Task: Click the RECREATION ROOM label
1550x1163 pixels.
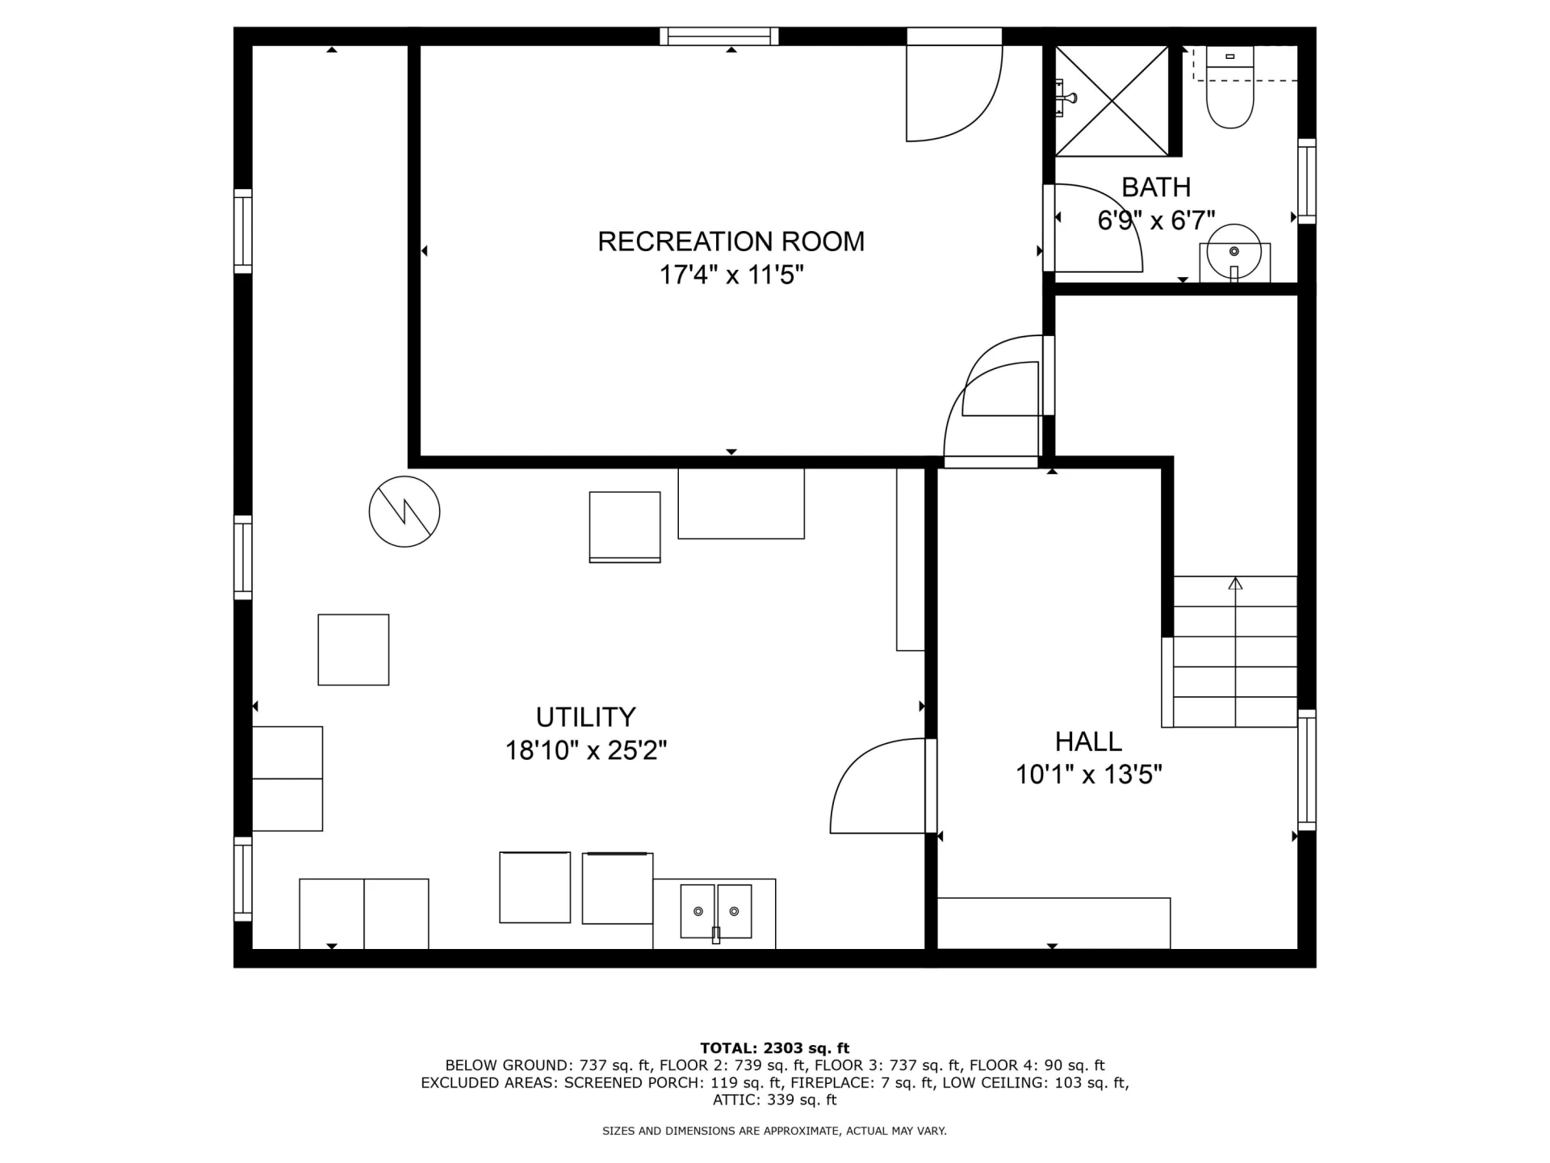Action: coord(731,241)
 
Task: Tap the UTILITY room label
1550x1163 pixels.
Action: coord(586,717)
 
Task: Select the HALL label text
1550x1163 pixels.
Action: coord(1088,741)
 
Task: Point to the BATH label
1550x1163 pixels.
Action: coord(1156,187)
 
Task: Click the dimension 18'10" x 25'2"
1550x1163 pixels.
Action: coord(586,751)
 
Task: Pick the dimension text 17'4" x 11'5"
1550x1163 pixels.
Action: coord(731,275)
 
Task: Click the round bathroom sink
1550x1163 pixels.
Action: coord(1234,252)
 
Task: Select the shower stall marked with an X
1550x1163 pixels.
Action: coord(1112,101)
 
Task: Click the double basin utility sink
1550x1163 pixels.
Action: coord(715,912)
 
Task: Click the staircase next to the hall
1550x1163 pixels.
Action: coord(1234,652)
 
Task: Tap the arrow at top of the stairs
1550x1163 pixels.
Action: coord(1235,583)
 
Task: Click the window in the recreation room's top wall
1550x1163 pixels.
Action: coord(719,36)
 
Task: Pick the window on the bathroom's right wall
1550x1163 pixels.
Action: coord(1307,181)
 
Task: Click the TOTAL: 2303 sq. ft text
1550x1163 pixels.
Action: coord(774,1048)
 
